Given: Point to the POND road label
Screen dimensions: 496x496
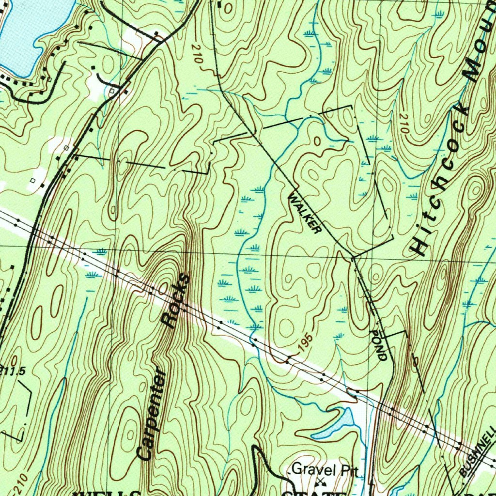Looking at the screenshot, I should pos(379,344).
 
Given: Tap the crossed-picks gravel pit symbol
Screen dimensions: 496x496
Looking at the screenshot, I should pos(320,481).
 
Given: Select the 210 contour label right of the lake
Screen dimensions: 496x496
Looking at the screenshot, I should pos(197,54).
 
